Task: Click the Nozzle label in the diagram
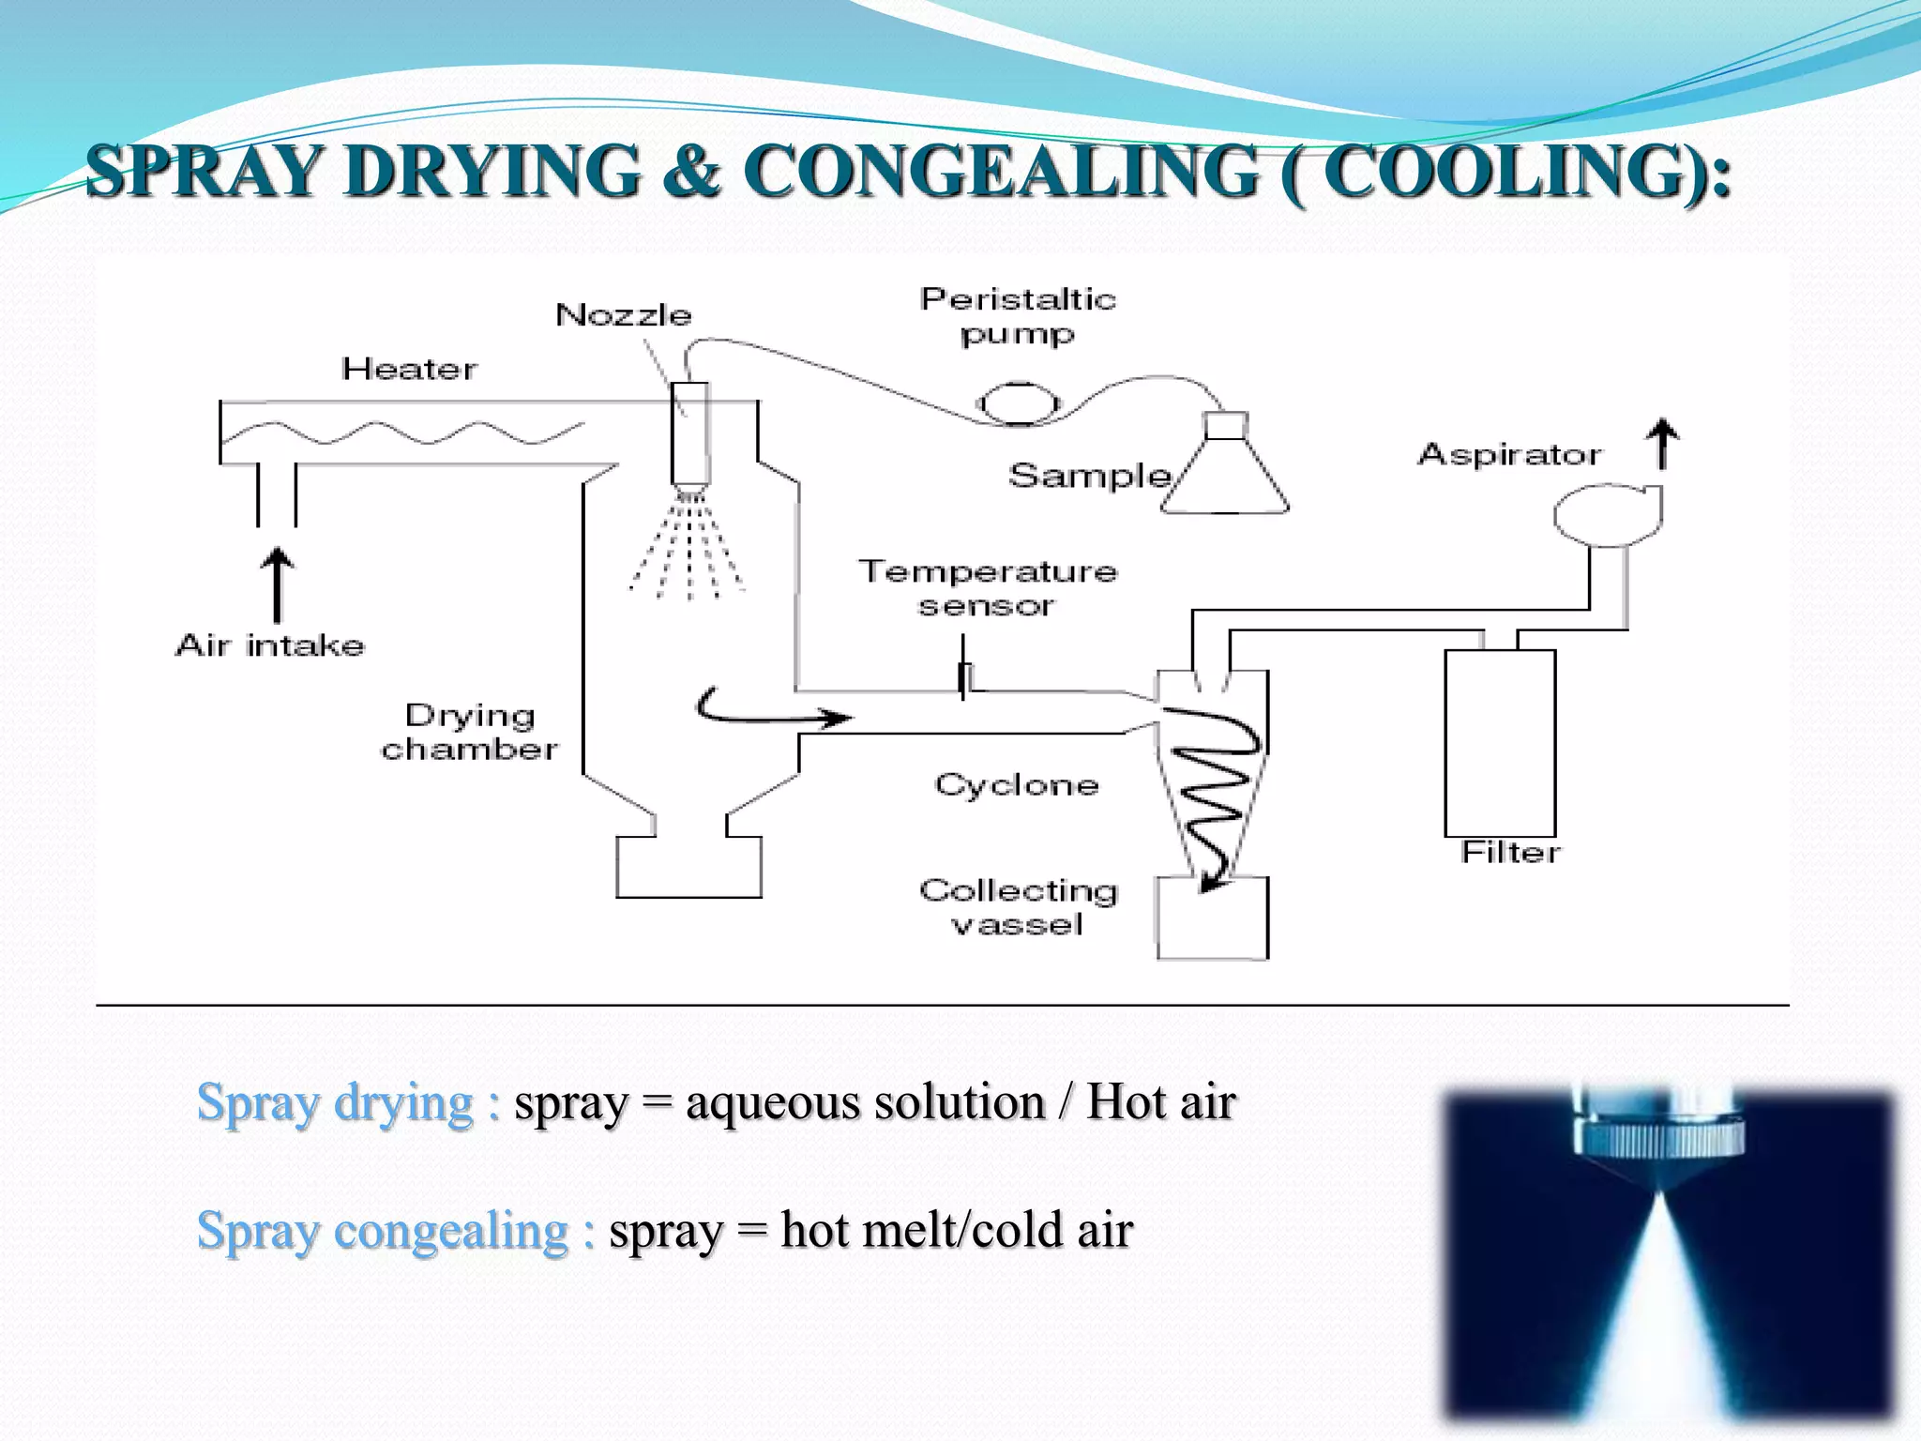(623, 315)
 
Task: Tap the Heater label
(409, 369)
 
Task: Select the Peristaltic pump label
(1018, 316)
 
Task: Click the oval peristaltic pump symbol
(1019, 404)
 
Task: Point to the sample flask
(1225, 474)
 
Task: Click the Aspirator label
(1509, 455)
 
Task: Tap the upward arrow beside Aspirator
(1663, 444)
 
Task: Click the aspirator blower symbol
(1608, 514)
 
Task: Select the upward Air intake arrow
(277, 584)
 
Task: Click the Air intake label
(270, 645)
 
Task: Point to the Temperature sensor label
(988, 588)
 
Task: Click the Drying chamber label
(469, 733)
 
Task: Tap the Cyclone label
(1017, 784)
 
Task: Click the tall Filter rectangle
(1500, 742)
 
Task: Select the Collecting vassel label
(1019, 907)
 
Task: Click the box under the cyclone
(1212, 918)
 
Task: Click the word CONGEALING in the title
(1001, 172)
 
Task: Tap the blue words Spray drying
(335, 1102)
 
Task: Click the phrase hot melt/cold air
(957, 1230)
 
